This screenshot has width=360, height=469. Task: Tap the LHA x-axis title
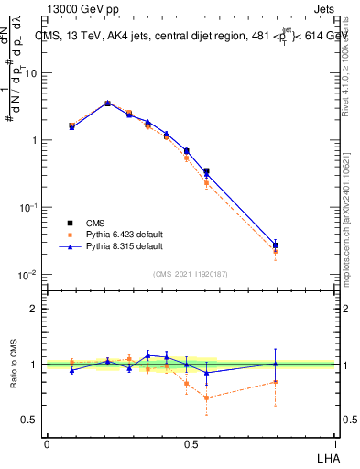326,458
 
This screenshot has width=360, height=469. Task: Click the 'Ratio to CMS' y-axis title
13,364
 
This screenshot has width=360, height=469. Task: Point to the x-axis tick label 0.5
191,443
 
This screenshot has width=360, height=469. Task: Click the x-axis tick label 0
47,443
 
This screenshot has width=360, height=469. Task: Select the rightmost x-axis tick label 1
335,443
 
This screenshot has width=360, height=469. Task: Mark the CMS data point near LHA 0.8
276,245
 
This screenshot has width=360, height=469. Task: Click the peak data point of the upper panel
107,104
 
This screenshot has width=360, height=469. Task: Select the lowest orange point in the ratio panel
206,398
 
